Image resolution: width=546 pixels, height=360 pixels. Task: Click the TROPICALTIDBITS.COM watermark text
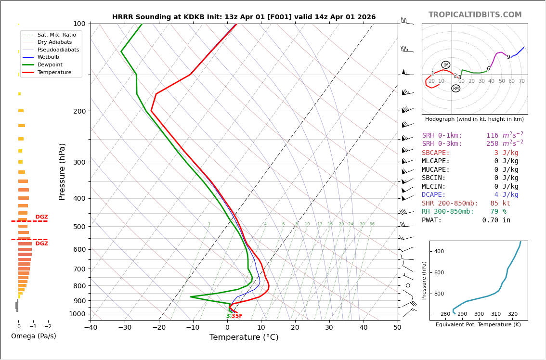pyautogui.click(x=475, y=15)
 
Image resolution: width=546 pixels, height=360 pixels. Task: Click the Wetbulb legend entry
pyautogui.click(x=48, y=57)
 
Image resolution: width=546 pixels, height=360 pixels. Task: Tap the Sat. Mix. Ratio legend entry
pyautogui.click(x=56, y=35)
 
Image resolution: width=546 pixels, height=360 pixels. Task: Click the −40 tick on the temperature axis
pyautogui.click(x=91, y=328)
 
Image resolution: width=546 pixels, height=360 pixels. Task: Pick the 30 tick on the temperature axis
pyautogui.click(x=329, y=328)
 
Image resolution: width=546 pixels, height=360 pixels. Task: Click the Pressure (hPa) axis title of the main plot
pyautogui.click(x=62, y=171)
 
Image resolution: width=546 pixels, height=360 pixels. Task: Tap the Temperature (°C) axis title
pyautogui.click(x=244, y=337)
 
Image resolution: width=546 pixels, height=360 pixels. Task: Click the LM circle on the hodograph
pyautogui.click(x=445, y=65)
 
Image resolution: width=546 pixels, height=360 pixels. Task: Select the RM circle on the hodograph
pyautogui.click(x=455, y=89)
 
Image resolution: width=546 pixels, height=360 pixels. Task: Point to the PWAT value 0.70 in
pyautogui.click(x=496, y=220)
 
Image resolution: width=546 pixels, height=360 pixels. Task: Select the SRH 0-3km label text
pyautogui.click(x=442, y=144)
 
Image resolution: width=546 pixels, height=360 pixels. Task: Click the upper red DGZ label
pyautogui.click(x=41, y=217)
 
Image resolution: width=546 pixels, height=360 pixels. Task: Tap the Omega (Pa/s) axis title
pyautogui.click(x=33, y=336)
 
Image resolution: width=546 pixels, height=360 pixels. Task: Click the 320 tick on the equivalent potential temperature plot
pyautogui.click(x=512, y=314)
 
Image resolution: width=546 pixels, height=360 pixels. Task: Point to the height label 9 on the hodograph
pyautogui.click(x=508, y=57)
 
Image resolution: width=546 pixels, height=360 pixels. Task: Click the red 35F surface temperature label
pyautogui.click(x=237, y=316)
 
